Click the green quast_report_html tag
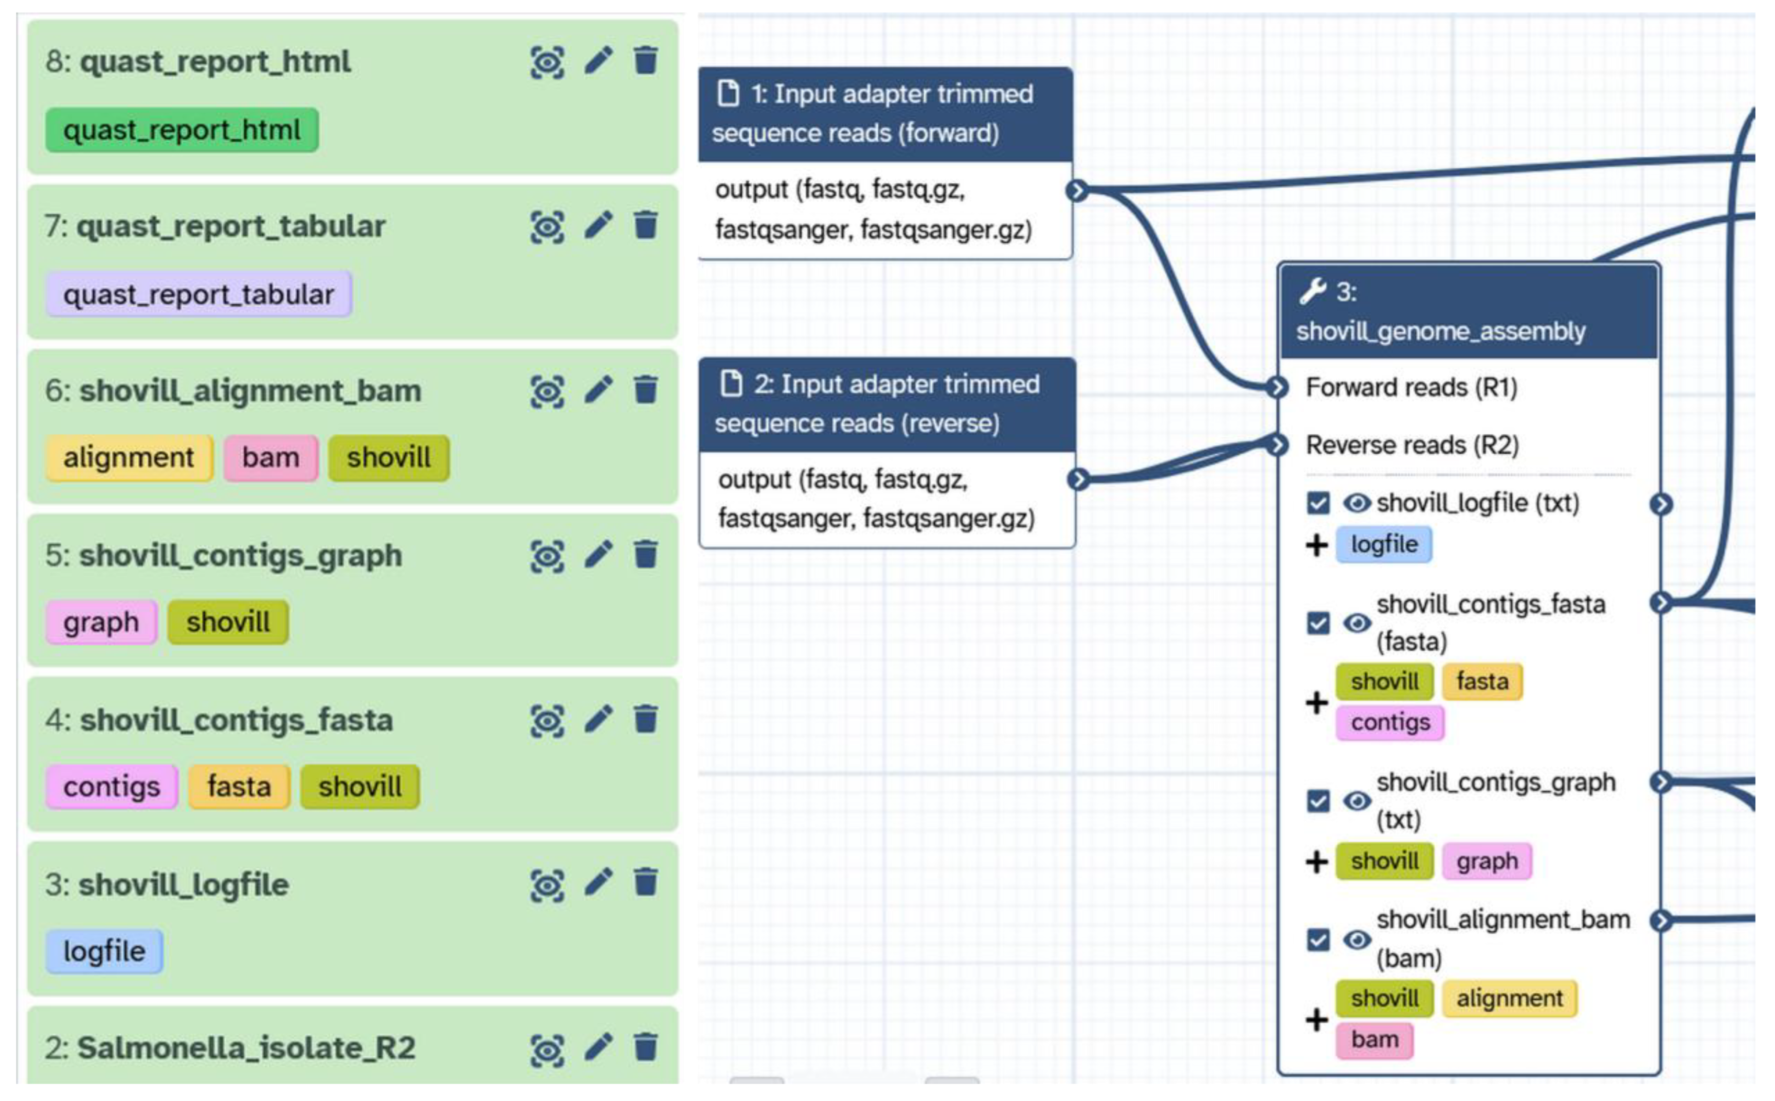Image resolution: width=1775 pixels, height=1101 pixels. tap(181, 130)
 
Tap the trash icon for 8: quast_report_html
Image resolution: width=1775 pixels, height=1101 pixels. tap(645, 61)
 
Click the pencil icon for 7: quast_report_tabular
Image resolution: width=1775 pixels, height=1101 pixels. tap(598, 226)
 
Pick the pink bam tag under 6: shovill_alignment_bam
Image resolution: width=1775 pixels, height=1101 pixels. tap(270, 458)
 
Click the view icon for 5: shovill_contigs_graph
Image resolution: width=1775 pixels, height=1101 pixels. tap(547, 556)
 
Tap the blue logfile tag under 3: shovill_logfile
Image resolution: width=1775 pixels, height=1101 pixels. tap(104, 952)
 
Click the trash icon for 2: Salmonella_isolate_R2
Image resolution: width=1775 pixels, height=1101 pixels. tap(645, 1048)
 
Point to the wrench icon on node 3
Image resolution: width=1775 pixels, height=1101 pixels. tap(1312, 291)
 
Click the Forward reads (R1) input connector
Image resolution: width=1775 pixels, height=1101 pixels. tap(1277, 388)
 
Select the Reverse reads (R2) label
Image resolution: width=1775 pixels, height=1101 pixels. tap(1412, 445)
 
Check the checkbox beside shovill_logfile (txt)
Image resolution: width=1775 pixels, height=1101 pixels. tap(1318, 503)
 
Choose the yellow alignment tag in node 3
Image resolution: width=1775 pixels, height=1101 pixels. tap(1509, 998)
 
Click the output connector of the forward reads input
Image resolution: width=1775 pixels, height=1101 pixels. tap(1076, 191)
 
